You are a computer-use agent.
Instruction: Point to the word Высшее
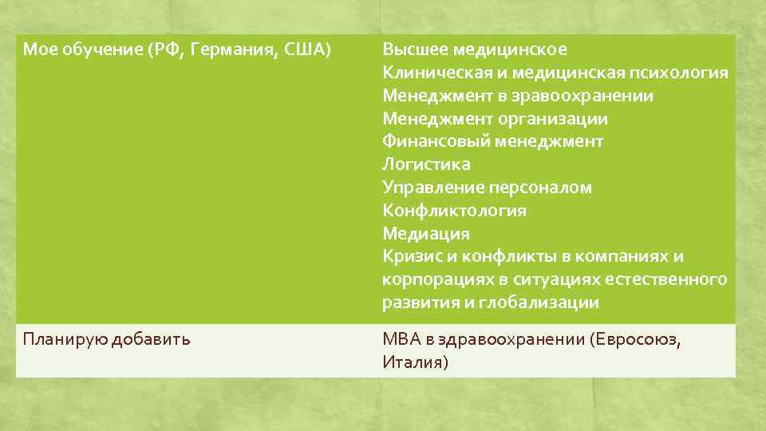(x=415, y=49)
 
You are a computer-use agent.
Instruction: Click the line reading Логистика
(x=426, y=164)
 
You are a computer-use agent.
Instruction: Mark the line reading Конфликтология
(x=454, y=211)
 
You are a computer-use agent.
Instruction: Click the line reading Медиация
(x=426, y=234)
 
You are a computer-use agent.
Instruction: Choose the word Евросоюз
(x=635, y=338)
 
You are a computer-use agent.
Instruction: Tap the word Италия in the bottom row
(x=415, y=362)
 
